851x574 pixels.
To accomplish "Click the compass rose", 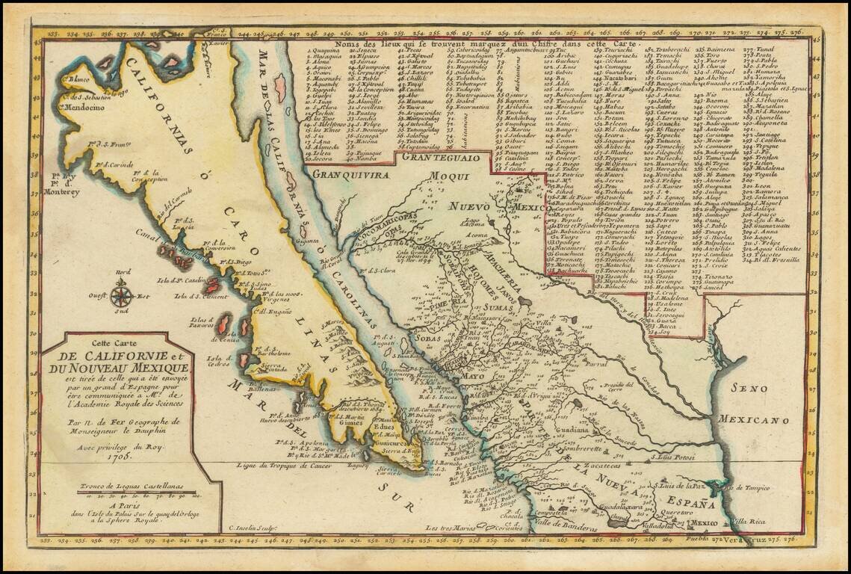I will coord(122,293).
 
